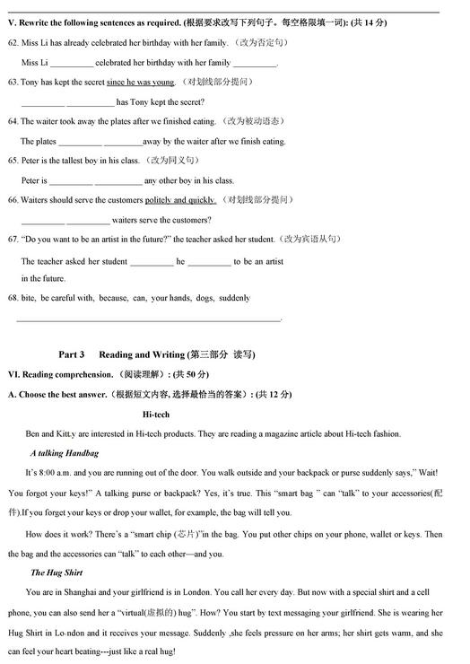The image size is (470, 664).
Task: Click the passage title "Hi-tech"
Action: pos(156,415)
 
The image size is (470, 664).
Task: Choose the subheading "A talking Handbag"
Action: pos(64,453)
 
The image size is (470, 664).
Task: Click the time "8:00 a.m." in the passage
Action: pos(57,473)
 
